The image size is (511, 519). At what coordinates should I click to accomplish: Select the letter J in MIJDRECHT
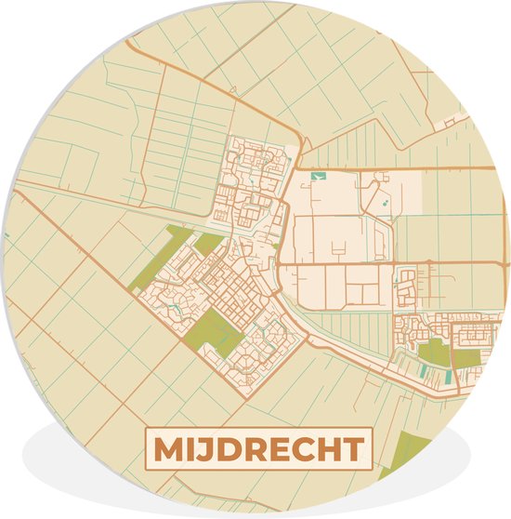point(208,449)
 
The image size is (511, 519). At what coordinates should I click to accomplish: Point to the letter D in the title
point(229,449)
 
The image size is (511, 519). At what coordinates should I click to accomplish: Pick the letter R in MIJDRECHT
point(255,449)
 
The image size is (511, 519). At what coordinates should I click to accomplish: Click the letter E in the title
point(278,449)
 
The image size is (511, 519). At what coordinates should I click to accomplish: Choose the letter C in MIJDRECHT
point(300,449)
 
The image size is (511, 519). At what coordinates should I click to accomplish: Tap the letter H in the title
point(326,449)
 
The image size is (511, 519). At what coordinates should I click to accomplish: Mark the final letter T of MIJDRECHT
point(350,449)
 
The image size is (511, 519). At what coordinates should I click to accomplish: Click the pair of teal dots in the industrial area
point(380,199)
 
